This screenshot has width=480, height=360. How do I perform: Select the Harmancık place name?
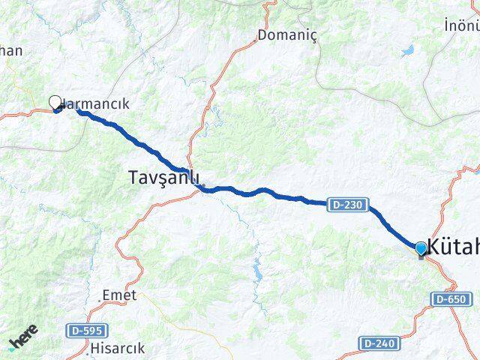point(97,104)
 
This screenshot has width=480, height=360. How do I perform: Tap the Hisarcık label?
point(117,348)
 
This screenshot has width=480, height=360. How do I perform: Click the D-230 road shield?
point(346,203)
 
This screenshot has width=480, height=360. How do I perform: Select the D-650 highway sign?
point(452,299)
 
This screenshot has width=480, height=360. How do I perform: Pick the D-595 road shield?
point(87,330)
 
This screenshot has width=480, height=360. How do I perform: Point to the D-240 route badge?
point(379,343)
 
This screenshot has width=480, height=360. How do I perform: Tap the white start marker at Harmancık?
point(55,103)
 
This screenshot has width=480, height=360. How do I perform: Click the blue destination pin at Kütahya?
point(421,249)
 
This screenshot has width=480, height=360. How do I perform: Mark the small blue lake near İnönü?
point(407,52)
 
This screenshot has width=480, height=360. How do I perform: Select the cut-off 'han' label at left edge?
point(11,51)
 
